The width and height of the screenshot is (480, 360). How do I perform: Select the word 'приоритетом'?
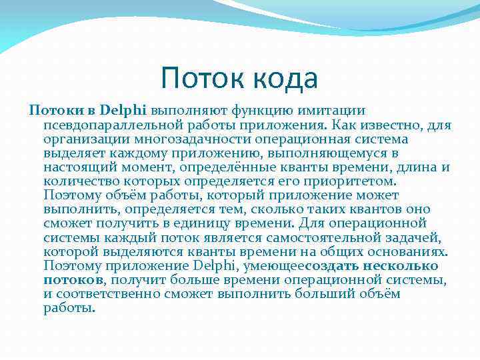[352, 181]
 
